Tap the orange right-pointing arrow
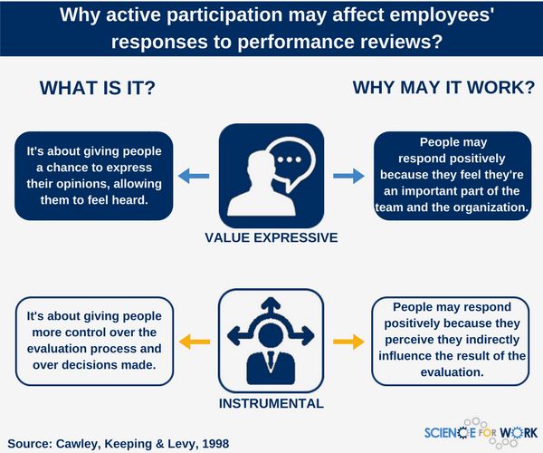[348, 341]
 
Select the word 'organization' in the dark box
[481, 207]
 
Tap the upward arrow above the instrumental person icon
[271, 304]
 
